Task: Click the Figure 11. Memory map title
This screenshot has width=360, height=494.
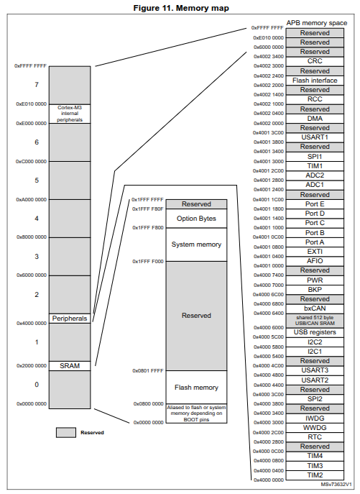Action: (181, 8)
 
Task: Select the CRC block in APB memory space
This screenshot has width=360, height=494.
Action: (315, 61)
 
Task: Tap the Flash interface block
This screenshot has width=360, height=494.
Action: (315, 81)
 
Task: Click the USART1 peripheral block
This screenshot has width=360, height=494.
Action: (315, 137)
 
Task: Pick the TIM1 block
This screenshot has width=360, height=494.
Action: (315, 166)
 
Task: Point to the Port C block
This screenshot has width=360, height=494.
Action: (315, 223)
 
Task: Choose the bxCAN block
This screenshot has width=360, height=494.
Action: (315, 308)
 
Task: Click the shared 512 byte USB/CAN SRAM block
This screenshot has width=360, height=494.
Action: (315, 321)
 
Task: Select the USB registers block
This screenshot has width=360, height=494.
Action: (315, 332)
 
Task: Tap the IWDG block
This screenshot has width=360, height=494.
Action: (315, 418)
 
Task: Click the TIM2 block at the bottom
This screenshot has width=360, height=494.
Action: (315, 475)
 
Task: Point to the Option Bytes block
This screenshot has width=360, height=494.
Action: (196, 219)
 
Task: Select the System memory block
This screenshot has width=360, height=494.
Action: (196, 244)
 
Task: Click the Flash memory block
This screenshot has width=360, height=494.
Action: (196, 387)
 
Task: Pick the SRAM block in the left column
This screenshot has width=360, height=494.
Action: (70, 366)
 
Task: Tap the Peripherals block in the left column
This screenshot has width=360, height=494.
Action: (70, 319)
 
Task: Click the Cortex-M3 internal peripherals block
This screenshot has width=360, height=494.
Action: (70, 114)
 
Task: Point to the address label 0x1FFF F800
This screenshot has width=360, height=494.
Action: (148, 228)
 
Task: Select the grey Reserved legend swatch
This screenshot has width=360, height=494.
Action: (66, 433)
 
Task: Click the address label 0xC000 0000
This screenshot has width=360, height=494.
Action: (31, 161)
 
